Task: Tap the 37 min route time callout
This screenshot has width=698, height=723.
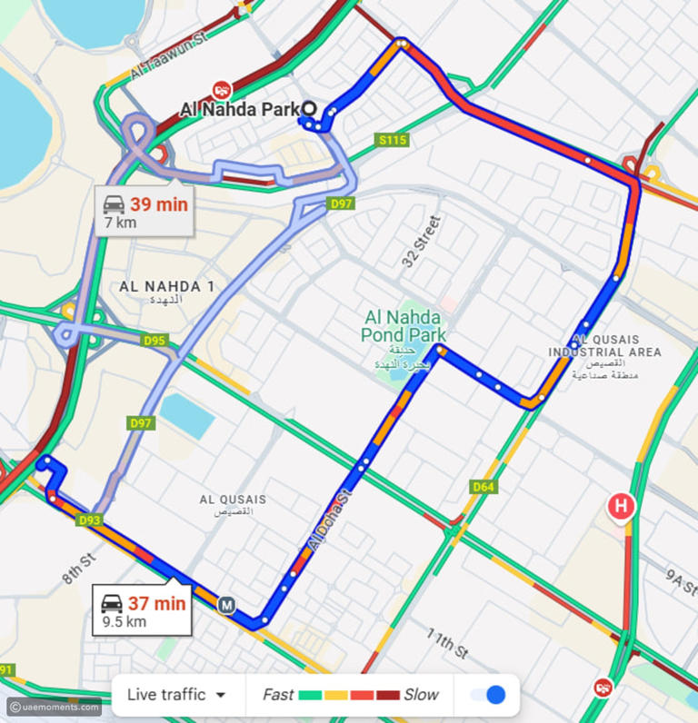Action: click(x=143, y=610)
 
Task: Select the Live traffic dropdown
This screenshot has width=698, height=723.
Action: click(x=176, y=695)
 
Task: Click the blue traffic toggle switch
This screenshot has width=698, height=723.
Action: click(x=488, y=695)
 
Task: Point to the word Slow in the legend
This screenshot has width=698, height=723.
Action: click(x=421, y=695)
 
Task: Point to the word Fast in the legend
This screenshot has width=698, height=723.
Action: click(x=278, y=695)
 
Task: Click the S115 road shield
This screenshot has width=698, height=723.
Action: click(x=394, y=140)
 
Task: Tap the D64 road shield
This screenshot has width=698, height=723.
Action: click(x=484, y=488)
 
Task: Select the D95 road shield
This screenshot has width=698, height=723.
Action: click(x=155, y=341)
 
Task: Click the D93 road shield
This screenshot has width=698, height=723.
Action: click(x=89, y=520)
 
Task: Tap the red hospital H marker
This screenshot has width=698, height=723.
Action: click(x=620, y=506)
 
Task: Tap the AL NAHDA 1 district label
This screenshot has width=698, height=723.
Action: click(x=166, y=287)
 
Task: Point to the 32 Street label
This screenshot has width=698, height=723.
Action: click(x=421, y=241)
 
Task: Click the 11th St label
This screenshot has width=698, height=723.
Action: click(x=446, y=646)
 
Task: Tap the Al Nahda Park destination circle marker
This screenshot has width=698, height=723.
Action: click(x=309, y=109)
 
